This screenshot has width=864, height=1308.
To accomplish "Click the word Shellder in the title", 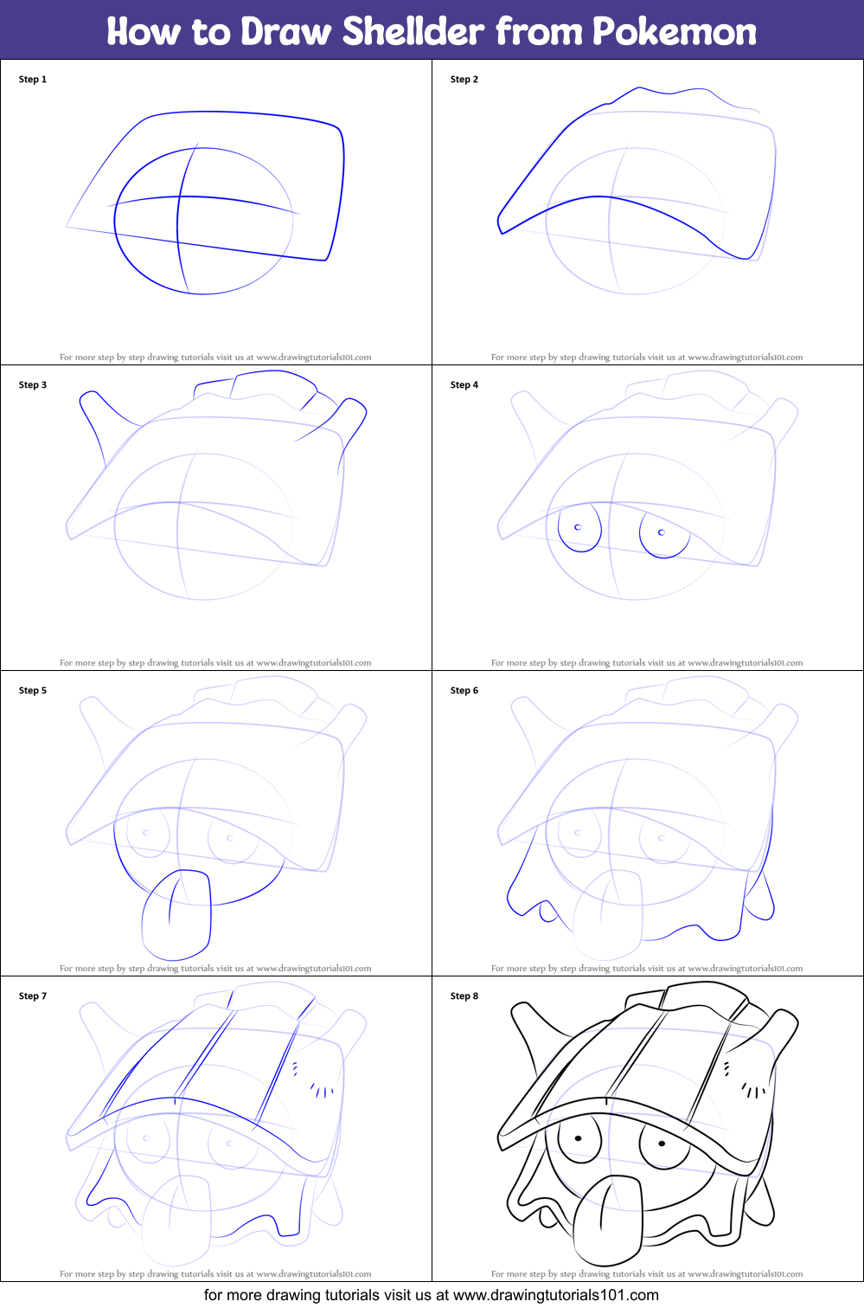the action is click(x=413, y=31).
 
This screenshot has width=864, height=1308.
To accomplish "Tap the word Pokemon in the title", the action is click(x=675, y=31).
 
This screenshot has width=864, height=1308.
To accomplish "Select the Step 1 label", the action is click(x=33, y=80).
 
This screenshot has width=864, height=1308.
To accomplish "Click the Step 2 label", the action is click(x=464, y=80).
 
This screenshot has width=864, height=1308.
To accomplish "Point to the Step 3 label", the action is click(x=33, y=385).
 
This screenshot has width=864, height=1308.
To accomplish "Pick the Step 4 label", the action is click(x=464, y=385).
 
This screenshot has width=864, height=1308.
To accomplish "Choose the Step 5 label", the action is click(x=33, y=690).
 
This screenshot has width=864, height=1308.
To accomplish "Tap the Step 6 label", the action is click(x=464, y=690).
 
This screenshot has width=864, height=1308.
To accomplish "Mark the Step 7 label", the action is click(x=33, y=995).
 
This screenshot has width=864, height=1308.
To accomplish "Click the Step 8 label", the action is click(x=464, y=995).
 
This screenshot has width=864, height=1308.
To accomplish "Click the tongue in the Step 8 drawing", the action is click(x=608, y=1221).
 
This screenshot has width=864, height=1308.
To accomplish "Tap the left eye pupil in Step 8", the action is click(x=578, y=1138).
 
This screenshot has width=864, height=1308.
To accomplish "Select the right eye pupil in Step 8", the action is click(x=662, y=1144).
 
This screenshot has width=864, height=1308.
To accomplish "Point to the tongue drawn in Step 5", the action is click(x=176, y=915).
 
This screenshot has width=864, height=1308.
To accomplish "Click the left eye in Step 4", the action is click(x=579, y=528).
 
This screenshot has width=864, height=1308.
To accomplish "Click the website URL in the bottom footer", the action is click(x=555, y=1295).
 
